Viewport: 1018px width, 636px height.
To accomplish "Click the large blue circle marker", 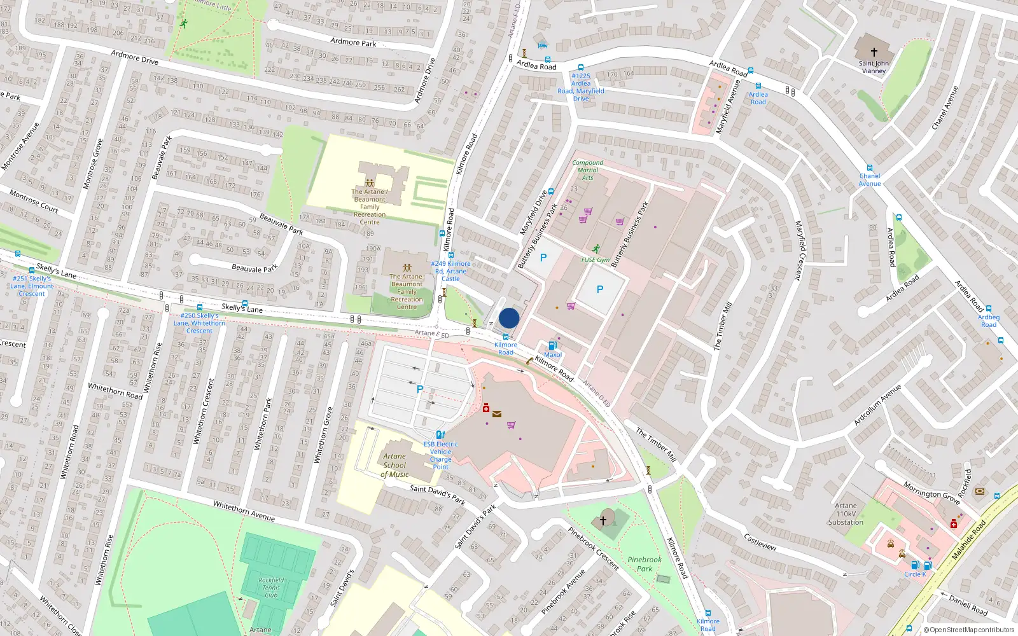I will [x=509, y=318].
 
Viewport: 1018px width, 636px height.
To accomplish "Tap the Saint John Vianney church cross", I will [x=874, y=52].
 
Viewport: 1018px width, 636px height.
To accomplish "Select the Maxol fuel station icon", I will [x=552, y=345].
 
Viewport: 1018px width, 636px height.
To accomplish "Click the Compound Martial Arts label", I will [x=587, y=170].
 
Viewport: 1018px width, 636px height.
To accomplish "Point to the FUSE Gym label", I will [x=596, y=259].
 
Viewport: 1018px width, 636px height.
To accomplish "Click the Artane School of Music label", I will [x=394, y=465].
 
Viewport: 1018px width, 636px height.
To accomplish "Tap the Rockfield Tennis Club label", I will [x=271, y=587].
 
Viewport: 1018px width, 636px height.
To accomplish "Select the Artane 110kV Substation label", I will [x=846, y=514].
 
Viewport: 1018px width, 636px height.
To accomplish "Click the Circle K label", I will [x=915, y=574].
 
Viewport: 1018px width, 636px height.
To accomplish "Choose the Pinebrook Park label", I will [x=645, y=564].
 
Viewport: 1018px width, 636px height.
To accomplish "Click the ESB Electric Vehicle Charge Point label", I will [x=440, y=455].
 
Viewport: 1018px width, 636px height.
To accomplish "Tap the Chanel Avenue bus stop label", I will [x=869, y=180].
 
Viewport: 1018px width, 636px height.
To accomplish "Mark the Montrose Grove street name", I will [x=93, y=163].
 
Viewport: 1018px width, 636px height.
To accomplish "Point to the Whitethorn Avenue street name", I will [x=244, y=511].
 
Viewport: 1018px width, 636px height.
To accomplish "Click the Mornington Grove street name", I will [x=931, y=493].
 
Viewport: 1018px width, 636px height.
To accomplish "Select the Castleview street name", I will [x=760, y=542].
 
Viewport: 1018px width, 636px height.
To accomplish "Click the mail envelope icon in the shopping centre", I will [x=497, y=414].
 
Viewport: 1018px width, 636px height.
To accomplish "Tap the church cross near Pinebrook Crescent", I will [x=603, y=520].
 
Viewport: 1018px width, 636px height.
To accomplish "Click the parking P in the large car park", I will [x=419, y=389].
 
